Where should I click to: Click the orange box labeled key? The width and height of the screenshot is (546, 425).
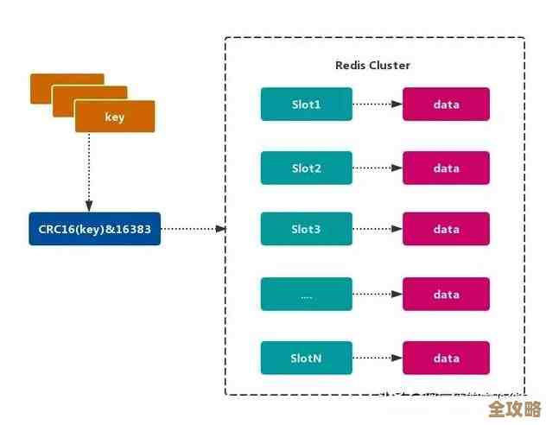coord(114,117)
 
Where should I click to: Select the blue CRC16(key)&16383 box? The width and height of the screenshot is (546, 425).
coord(95,229)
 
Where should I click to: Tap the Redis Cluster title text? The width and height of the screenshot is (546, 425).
coord(372,66)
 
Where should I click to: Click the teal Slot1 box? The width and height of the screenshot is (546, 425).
coord(307,104)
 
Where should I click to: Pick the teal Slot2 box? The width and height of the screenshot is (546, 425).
coord(307,168)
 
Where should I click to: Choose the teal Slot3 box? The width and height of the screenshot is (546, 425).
coord(307,229)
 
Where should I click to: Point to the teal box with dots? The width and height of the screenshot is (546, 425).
coord(307,295)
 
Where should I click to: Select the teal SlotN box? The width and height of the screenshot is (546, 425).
coord(307,358)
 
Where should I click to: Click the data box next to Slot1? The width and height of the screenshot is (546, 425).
coord(447,104)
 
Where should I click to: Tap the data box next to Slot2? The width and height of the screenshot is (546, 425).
coord(447,168)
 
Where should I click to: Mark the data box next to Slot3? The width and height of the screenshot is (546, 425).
coord(447,229)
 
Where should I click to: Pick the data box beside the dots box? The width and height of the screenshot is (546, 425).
coord(447,295)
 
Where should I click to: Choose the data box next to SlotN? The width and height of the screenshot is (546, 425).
coord(447,358)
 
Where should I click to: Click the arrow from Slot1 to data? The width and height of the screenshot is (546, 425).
coord(378,104)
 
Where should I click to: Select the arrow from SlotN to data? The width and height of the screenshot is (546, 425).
coord(378,358)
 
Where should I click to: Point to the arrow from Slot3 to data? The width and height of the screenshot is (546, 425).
coord(378,229)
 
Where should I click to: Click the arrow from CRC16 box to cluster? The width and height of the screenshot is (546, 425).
coord(194,229)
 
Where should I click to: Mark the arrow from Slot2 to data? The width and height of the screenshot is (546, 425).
coord(378,168)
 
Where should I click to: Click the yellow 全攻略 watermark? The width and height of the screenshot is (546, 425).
coord(515,409)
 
